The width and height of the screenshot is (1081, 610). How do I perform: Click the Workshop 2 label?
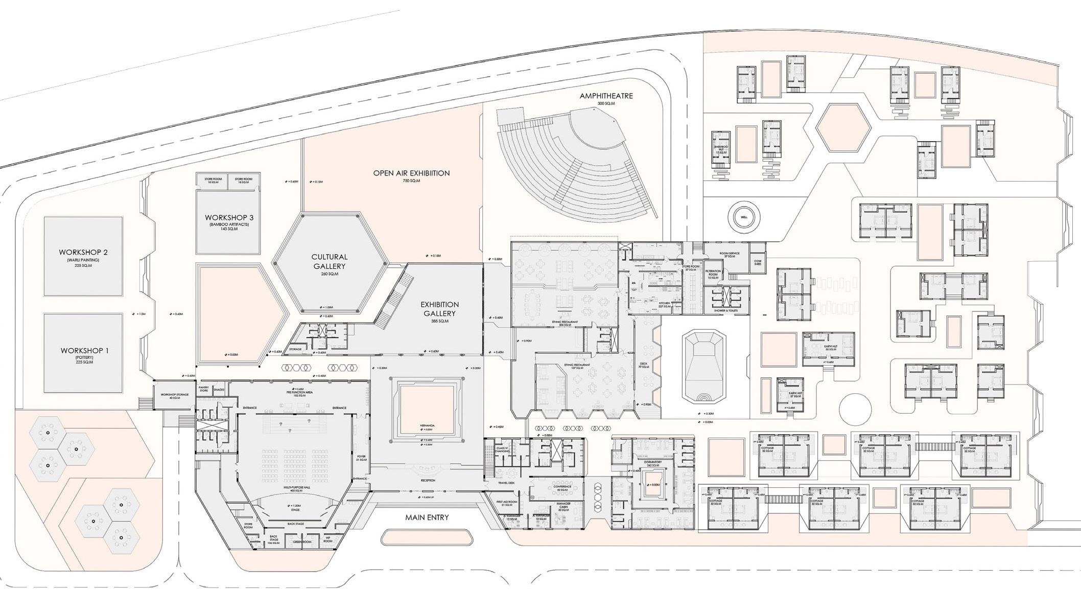pyautogui.click(x=83, y=252)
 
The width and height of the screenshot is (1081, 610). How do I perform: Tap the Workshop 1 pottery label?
pyautogui.click(x=84, y=351)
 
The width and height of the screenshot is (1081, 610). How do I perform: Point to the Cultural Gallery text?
pyautogui.click(x=330, y=261)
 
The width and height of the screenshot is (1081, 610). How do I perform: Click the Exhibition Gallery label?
pyautogui.click(x=439, y=309)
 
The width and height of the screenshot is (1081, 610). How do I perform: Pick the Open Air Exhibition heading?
pyautogui.click(x=411, y=173)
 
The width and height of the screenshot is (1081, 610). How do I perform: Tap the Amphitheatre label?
pyautogui.click(x=606, y=96)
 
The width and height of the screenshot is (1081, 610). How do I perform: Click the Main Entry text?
pyautogui.click(x=427, y=517)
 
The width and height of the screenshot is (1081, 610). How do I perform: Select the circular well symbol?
pyautogui.click(x=744, y=217)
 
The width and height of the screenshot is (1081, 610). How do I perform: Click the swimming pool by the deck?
pyautogui.click(x=704, y=367)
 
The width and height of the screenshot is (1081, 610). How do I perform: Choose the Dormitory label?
pyautogui.click(x=653, y=462)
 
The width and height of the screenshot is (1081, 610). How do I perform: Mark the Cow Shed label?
pyautogui.click(x=758, y=262)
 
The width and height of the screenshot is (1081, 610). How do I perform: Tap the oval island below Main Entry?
pyautogui.click(x=427, y=537)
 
